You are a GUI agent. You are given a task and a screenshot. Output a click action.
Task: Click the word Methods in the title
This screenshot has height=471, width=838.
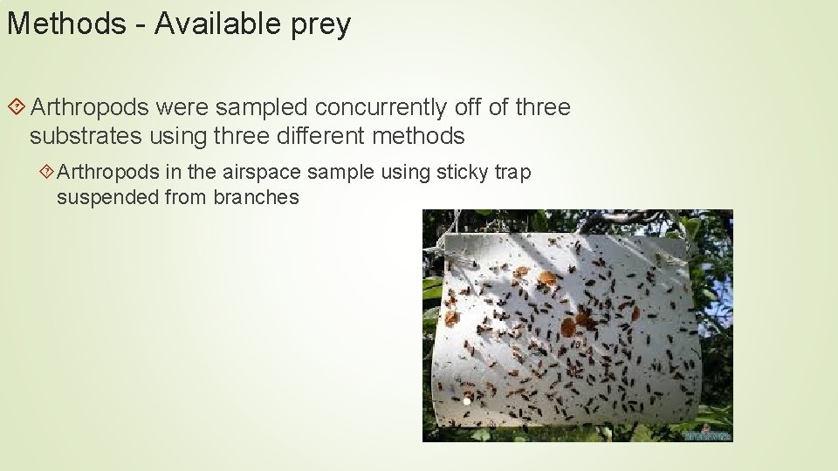(x=66, y=24)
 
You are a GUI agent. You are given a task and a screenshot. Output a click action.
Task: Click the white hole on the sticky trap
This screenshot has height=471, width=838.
(x=466, y=400)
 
